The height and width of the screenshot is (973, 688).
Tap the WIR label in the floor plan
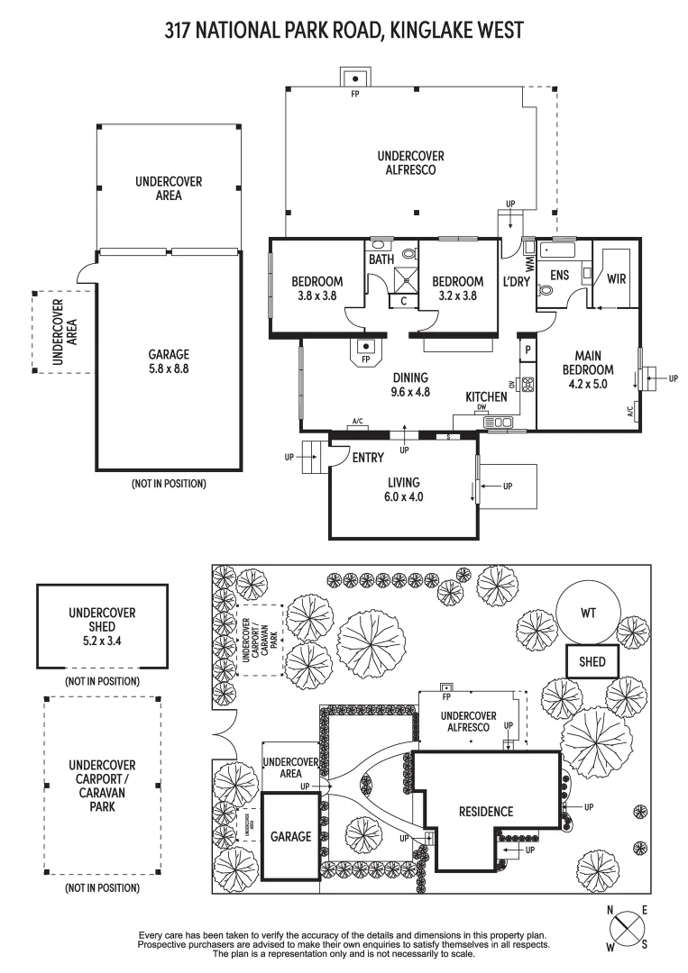[x=616, y=278]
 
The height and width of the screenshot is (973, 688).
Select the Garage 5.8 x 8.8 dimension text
[x=169, y=368]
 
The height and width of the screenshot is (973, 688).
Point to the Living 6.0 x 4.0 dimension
[x=402, y=496]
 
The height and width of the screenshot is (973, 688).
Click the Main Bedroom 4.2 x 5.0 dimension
[x=588, y=383]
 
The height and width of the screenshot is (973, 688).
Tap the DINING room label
[x=409, y=378]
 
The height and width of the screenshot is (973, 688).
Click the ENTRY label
[x=368, y=458]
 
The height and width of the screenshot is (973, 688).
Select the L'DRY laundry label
[x=517, y=281]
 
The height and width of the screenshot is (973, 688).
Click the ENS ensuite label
[x=559, y=275]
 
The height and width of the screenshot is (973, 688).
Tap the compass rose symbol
[x=628, y=926]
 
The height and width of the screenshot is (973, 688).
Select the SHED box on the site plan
[x=592, y=662]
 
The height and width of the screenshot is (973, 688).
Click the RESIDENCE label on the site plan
[x=484, y=811]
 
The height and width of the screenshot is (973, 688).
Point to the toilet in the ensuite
[x=546, y=291]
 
